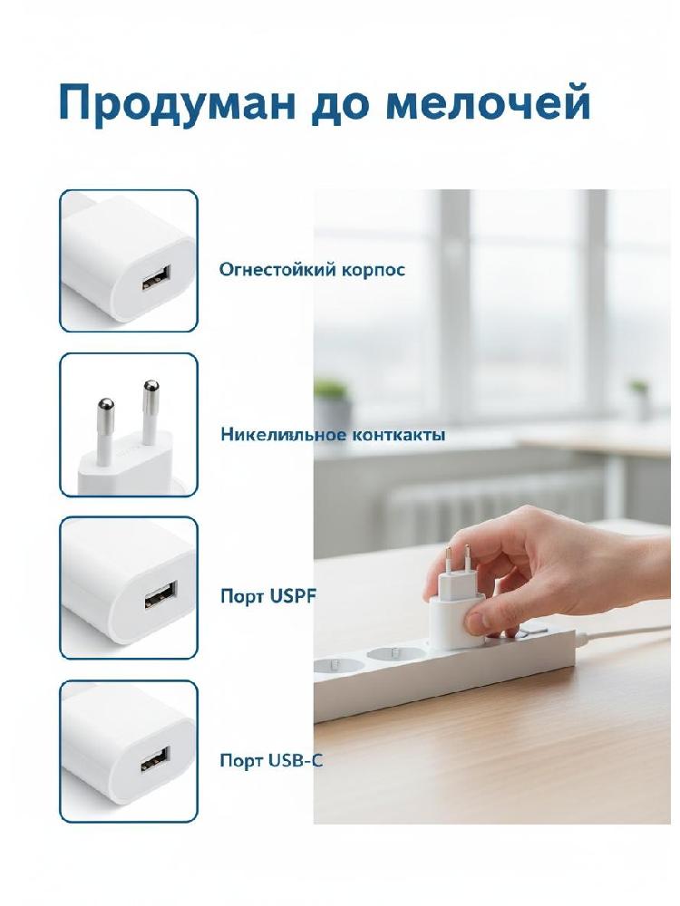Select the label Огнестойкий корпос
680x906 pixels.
[x=312, y=270]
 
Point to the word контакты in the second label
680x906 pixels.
[x=399, y=435]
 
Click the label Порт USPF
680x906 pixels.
[x=268, y=597]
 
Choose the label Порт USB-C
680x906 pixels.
[x=271, y=760]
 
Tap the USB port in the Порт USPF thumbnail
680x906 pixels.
[x=160, y=595]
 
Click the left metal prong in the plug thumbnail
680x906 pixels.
[x=105, y=430]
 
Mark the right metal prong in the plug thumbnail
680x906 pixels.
[x=150, y=411]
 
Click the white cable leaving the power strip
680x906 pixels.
[x=627, y=632]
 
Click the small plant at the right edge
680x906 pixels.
[x=638, y=386]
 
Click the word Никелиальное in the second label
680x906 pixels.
[x=284, y=435]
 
